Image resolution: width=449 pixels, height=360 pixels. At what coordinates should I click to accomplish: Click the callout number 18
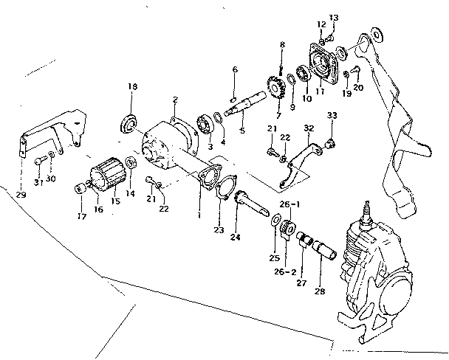tap(132, 87)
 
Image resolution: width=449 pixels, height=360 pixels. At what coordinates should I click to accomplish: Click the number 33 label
tap(332, 116)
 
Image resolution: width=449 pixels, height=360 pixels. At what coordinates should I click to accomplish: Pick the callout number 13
tap(333, 17)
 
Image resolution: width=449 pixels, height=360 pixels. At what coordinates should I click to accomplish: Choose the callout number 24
tap(236, 238)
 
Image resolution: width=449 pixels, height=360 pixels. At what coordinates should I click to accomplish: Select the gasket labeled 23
tap(206, 180)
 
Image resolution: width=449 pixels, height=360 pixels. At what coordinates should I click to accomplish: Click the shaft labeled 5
tap(247, 103)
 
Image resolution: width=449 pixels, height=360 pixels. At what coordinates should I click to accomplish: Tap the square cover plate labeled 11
tap(326, 60)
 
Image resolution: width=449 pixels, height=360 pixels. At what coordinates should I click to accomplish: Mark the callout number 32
tap(309, 128)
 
